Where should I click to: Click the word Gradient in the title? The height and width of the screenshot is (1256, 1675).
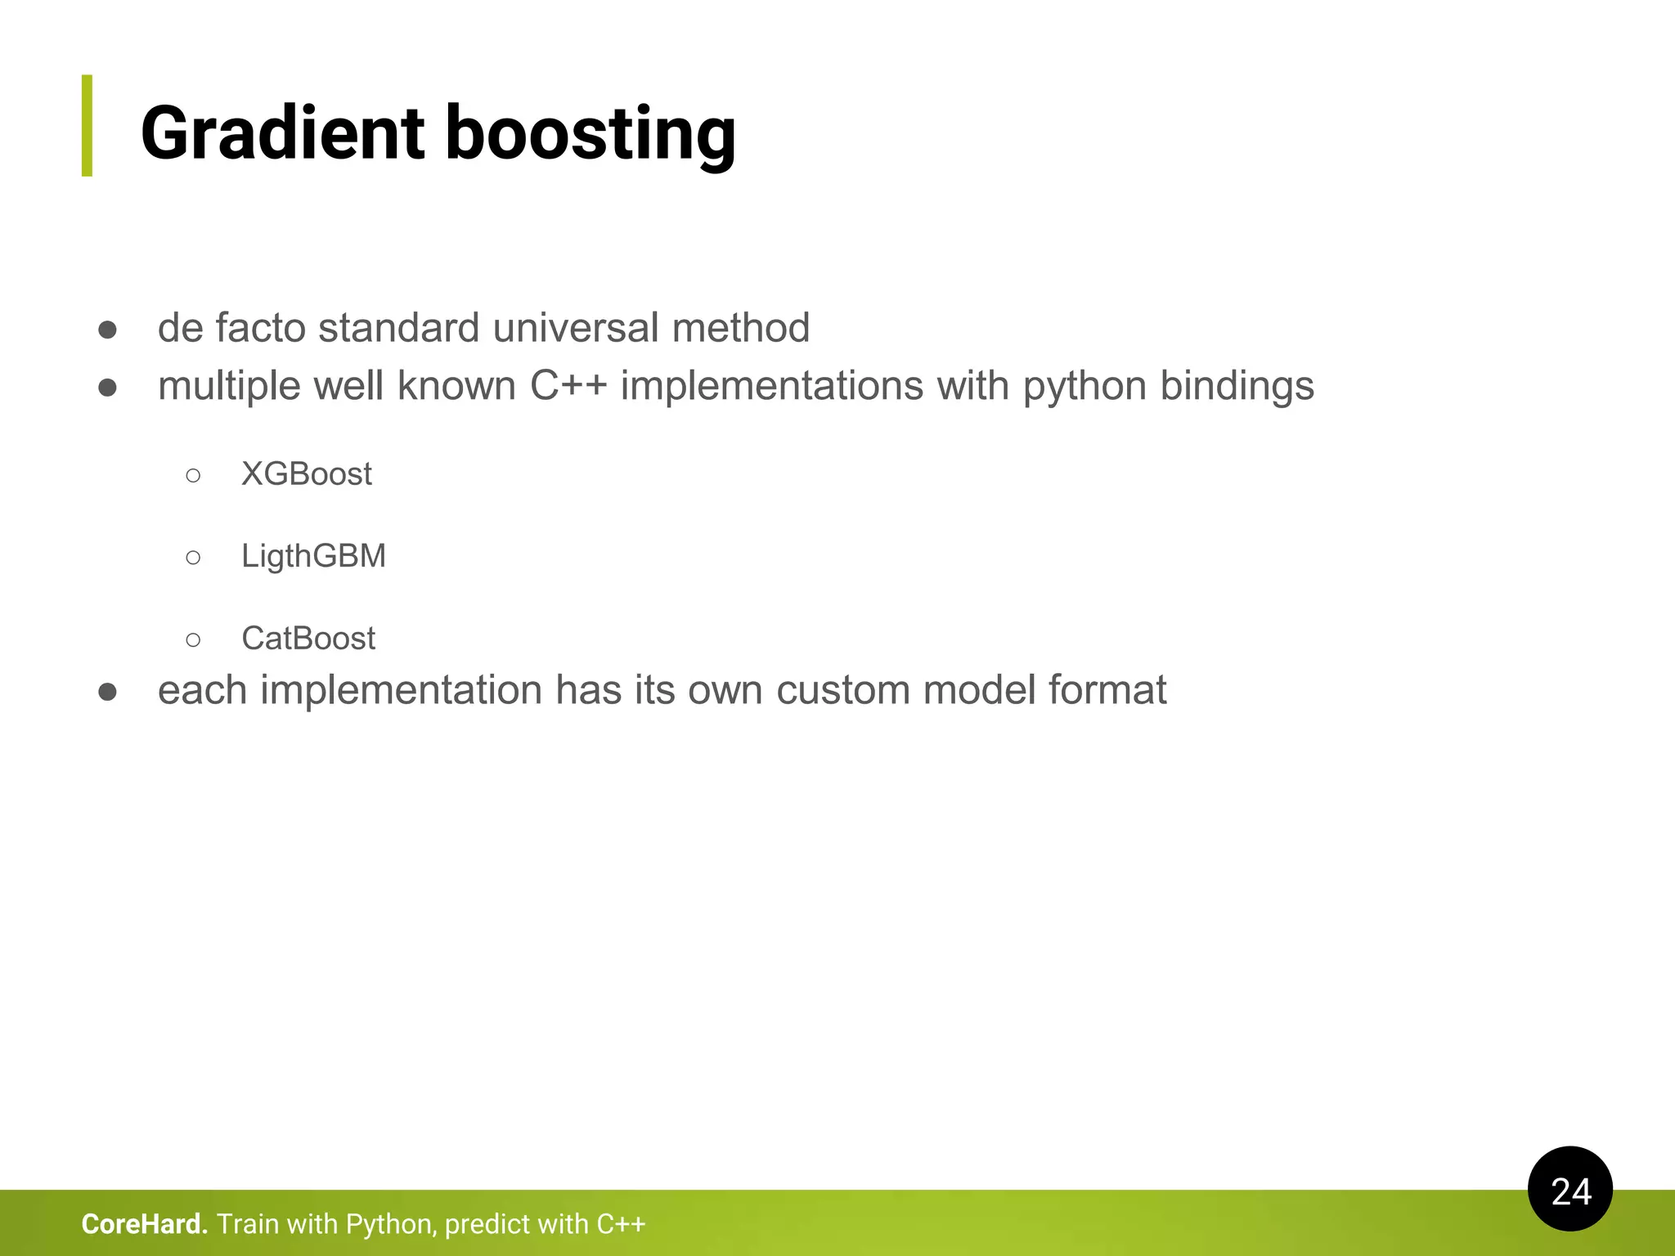pos(282,132)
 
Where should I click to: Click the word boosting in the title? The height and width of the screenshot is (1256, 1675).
pos(590,132)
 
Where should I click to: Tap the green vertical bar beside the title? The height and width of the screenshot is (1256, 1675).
pos(87,125)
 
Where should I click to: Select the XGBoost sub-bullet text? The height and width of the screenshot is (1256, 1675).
pos(306,474)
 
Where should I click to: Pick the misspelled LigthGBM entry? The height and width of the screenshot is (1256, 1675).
pos(313,556)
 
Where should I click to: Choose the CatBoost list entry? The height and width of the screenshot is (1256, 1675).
pos(308,639)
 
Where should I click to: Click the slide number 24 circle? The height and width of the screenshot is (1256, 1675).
pos(1569,1189)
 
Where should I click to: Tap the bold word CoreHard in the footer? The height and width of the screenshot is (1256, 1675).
pos(144,1224)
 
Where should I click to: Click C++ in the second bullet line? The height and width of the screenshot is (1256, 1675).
pos(568,386)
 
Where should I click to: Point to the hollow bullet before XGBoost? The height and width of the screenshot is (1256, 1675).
pos(193,475)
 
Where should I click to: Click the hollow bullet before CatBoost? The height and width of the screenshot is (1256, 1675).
pos(193,639)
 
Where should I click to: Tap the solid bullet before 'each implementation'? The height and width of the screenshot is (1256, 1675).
pos(107,692)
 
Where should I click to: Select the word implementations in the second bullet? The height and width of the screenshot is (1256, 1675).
pos(771,386)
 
